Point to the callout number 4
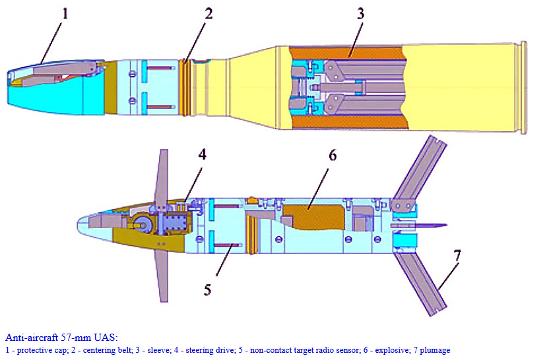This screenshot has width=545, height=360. pos(203,155)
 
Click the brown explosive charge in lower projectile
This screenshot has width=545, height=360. pos(311,217)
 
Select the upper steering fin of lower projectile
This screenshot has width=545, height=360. pos(162,175)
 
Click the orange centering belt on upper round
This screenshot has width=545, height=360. pos(187,86)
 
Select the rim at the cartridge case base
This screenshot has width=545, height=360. pos(524,87)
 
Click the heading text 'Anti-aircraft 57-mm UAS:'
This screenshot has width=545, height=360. pos(61,338)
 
